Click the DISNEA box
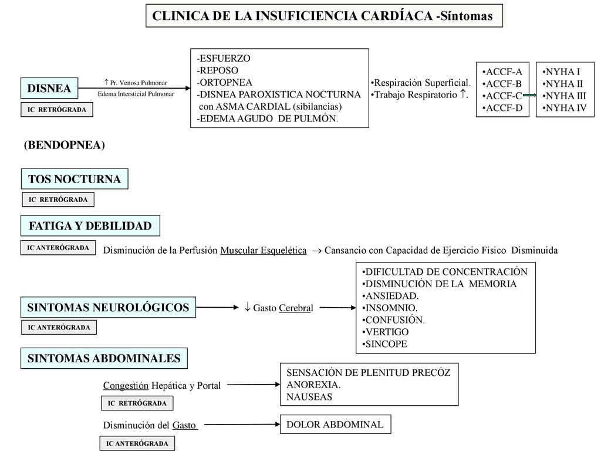pos(49,88)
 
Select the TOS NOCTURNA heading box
pos(75,179)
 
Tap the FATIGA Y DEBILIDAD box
pos(90,225)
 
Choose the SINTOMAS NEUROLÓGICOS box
pos(108,307)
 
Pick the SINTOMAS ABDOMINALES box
pos(104,358)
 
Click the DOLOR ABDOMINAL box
pos(335,424)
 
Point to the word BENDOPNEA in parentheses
pos(65,145)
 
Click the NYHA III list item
pos(564,96)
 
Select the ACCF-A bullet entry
pos(502,72)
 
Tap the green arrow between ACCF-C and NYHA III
pos(529,96)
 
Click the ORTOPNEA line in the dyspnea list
pos(224,82)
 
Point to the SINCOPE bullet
pos(384,344)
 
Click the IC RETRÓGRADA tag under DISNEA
pos(57,110)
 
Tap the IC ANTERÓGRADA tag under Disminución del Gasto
pos(137,443)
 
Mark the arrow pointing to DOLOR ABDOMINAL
pos(242,424)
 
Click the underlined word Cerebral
pos(296,308)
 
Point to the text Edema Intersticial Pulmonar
pos(136,94)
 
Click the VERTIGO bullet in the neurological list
pos(385,332)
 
